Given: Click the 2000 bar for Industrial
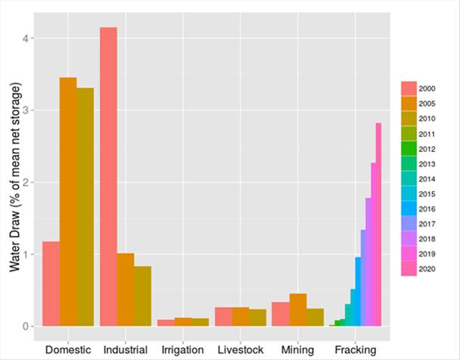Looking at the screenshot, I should point(108,176).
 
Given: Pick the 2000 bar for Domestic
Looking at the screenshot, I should point(51,284).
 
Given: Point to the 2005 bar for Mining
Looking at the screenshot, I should point(298,310).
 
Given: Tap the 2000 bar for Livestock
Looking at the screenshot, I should point(223,317).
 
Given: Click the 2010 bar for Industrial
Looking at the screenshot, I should point(142,296).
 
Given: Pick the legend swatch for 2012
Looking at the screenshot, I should point(409,147).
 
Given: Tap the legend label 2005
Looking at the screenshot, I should point(427,103).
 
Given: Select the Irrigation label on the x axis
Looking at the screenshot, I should point(182,350).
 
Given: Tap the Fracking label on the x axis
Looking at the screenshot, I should point(355,350).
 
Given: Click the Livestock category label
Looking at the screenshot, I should point(240,350).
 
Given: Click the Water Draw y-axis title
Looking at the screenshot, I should point(14,182).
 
